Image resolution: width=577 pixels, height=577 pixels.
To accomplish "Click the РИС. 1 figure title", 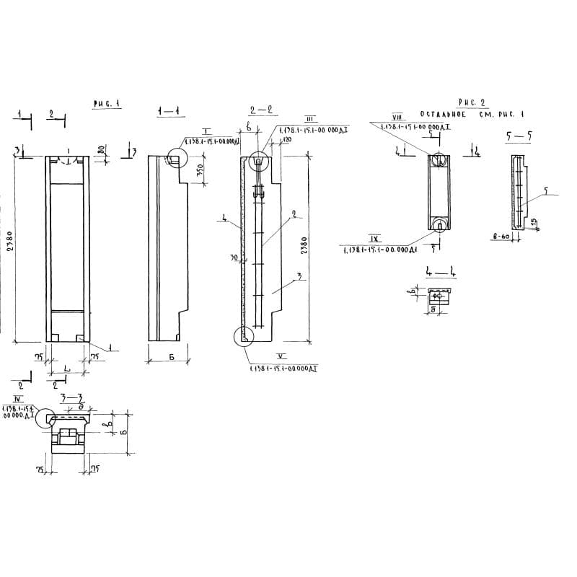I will (106, 104).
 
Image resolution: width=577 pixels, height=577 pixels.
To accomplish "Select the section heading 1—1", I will (168, 110).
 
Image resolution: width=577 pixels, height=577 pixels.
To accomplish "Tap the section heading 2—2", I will (260, 110).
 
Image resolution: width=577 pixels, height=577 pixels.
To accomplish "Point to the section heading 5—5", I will (519, 136).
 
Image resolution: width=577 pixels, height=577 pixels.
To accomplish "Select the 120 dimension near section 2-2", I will (287, 139).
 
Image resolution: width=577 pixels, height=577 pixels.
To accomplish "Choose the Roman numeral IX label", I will (375, 239).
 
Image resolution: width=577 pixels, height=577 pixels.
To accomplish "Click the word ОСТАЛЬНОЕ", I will (444, 115).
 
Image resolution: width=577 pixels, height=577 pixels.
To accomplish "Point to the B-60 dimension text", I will (501, 237).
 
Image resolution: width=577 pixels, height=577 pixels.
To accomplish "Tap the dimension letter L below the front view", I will (66, 369).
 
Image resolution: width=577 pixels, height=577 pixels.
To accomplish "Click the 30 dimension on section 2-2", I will (234, 257).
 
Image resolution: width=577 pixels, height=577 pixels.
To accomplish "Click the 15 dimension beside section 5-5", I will (534, 222).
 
